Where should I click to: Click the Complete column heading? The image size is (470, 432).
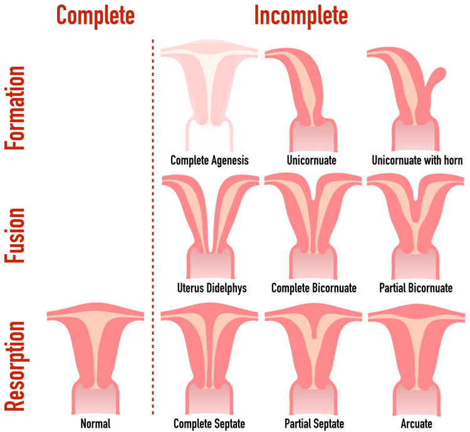pyautogui.click(x=95, y=16)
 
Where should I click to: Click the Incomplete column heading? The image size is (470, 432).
pyautogui.click(x=301, y=16)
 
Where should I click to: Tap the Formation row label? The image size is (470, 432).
pyautogui.click(x=14, y=108)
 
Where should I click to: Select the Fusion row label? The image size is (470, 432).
pyautogui.click(x=14, y=235)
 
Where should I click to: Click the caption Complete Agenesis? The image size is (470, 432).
pyautogui.click(x=209, y=160)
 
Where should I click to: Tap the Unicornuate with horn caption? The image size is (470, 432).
pyautogui.click(x=417, y=160)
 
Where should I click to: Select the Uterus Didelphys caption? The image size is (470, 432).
pyautogui.click(x=212, y=288)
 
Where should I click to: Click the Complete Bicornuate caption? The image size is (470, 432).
pyautogui.click(x=314, y=288)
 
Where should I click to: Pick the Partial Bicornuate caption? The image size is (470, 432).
pyautogui.click(x=415, y=288)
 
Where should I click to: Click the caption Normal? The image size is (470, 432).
pyautogui.click(x=96, y=424)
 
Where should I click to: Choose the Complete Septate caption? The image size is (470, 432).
pyautogui.click(x=209, y=424)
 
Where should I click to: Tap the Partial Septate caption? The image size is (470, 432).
pyautogui.click(x=314, y=424)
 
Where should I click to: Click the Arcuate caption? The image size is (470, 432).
pyautogui.click(x=416, y=424)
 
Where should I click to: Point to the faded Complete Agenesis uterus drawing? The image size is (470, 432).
pyautogui.click(x=209, y=95)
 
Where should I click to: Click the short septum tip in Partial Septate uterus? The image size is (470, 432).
pyautogui.click(x=314, y=336)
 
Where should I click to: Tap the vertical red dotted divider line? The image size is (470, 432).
pyautogui.click(x=153, y=227)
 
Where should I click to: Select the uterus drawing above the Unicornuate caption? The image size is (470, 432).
pyautogui.click(x=303, y=100)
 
